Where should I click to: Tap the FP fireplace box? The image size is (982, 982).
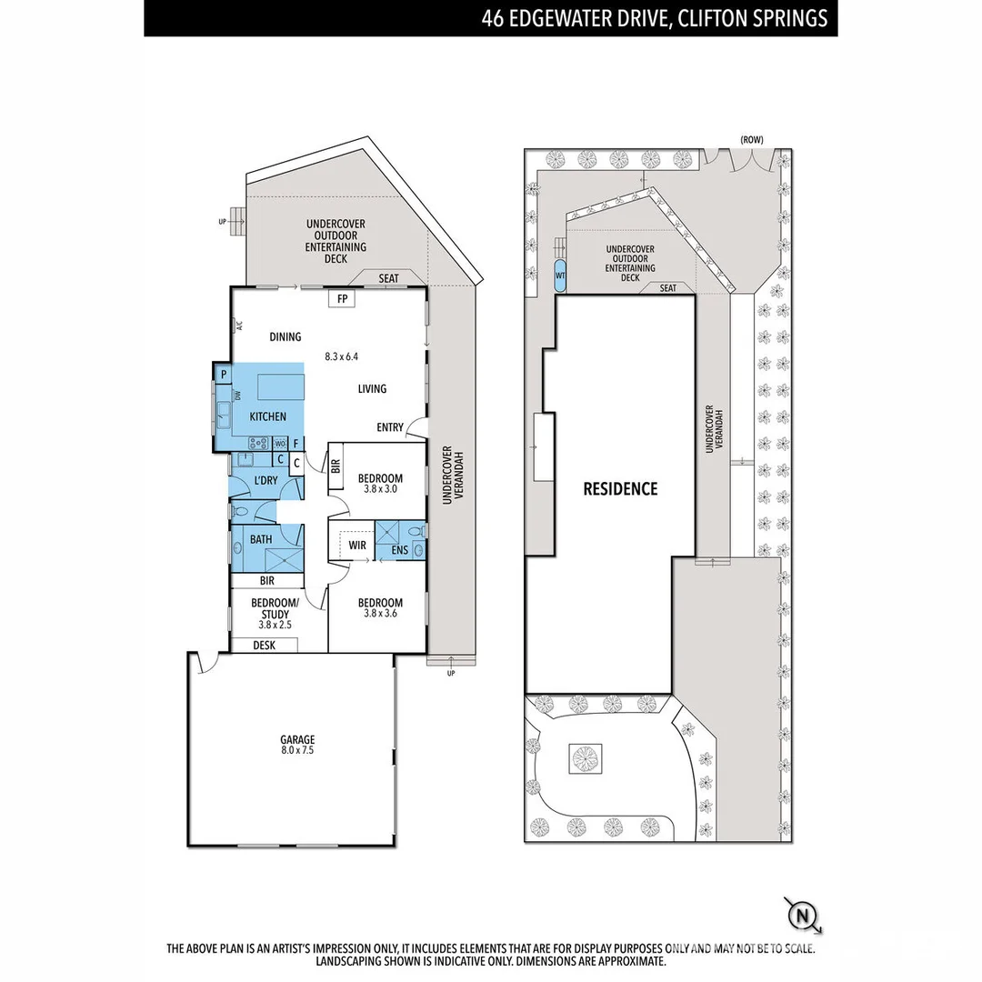(x=342, y=298)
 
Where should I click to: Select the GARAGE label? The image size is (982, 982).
(x=297, y=739)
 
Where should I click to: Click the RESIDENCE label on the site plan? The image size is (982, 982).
(x=620, y=489)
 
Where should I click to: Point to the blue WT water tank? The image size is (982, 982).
(x=559, y=274)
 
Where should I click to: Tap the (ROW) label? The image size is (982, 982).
(x=751, y=139)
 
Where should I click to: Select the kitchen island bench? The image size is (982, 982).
(x=280, y=386)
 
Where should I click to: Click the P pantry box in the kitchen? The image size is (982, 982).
(x=223, y=374)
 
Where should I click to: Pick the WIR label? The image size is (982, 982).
(x=357, y=546)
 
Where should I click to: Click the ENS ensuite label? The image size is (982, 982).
(x=399, y=550)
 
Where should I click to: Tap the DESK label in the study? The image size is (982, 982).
(x=264, y=646)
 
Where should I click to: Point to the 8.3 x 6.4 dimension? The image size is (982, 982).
(x=344, y=356)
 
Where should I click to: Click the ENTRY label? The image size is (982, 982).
(x=390, y=427)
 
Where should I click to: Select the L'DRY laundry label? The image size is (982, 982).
(x=266, y=480)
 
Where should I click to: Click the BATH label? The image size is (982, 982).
(x=261, y=539)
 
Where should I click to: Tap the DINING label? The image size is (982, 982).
(x=286, y=337)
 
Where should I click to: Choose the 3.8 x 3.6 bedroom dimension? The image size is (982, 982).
(x=379, y=614)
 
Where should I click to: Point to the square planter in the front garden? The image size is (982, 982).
(x=586, y=757)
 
